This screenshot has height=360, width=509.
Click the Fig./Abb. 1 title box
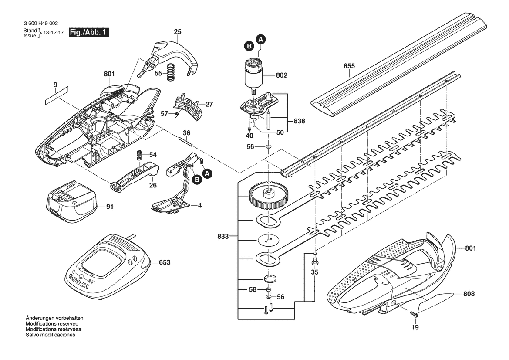(89, 33)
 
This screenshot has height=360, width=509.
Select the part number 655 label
(349, 66)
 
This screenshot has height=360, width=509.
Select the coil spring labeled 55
(170, 72)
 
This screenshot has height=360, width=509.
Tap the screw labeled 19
(414, 314)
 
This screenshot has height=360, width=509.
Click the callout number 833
(223, 237)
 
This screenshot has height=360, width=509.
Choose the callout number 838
(299, 121)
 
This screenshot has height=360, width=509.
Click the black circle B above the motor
(249, 47)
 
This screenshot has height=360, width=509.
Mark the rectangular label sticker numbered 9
(57, 96)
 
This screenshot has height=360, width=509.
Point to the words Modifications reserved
(52, 324)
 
